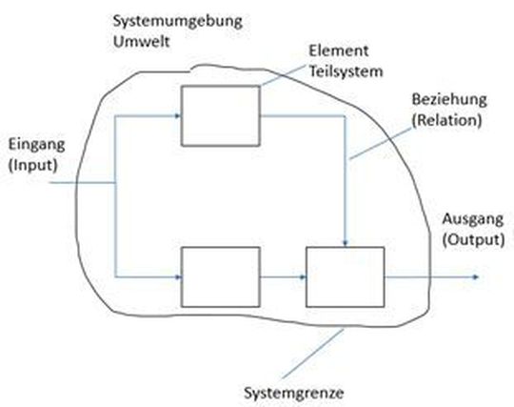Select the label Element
pos(331,51)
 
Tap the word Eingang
pos(34,146)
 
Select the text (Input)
pos(32,164)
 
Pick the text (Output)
pos(472,237)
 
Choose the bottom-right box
pos(345,277)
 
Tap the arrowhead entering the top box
pos(178,116)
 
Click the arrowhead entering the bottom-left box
pos(178,277)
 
